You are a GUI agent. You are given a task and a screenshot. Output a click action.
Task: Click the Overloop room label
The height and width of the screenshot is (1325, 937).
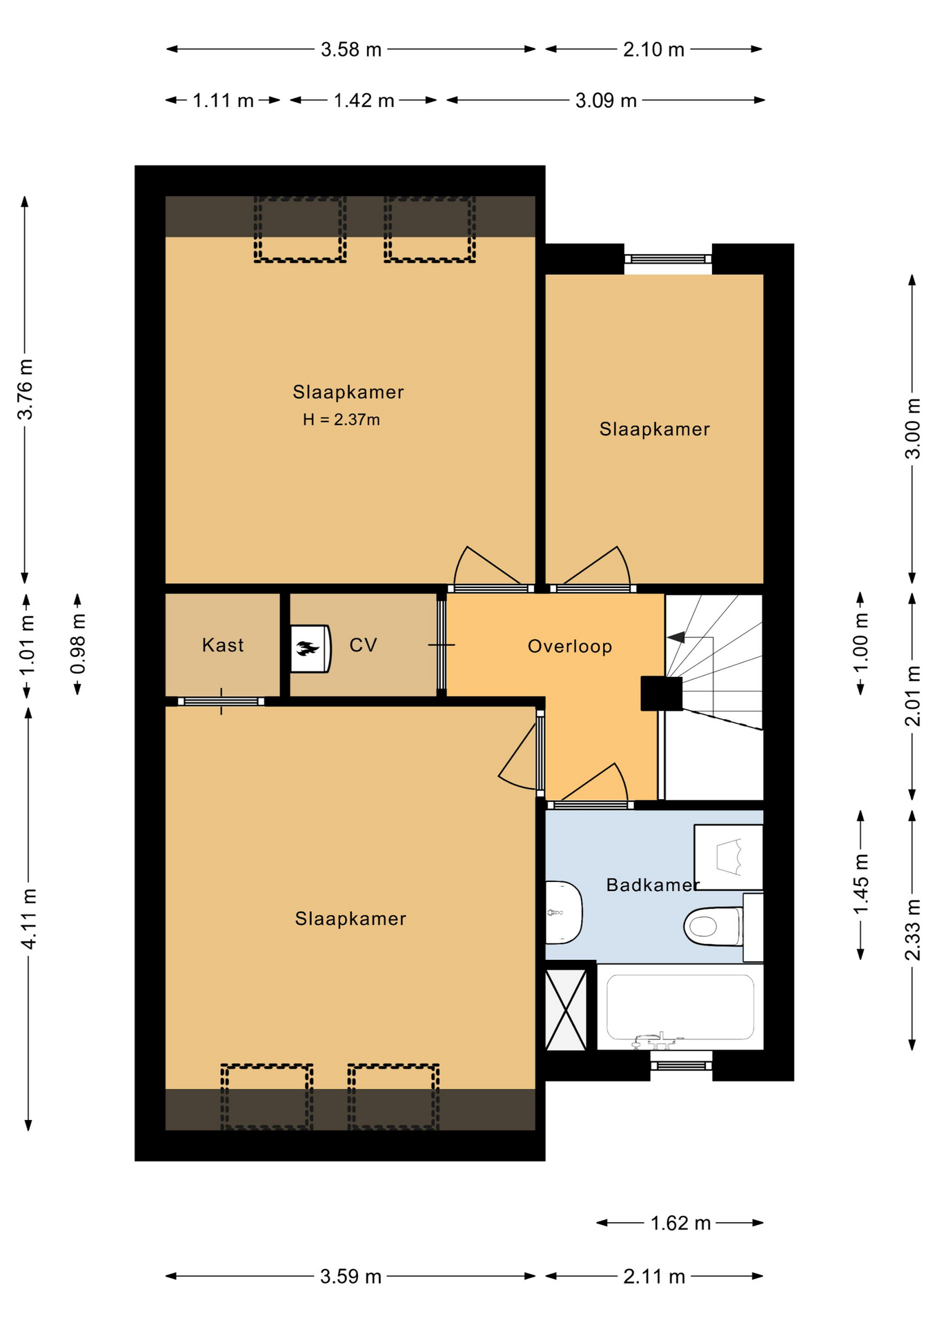pos(569,646)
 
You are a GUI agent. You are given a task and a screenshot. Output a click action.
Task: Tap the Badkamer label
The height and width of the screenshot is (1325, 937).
pos(653,885)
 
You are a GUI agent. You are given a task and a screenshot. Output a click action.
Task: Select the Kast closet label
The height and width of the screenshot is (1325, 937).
pos(223,645)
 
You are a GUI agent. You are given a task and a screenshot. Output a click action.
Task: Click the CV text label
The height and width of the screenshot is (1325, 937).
pos(363,645)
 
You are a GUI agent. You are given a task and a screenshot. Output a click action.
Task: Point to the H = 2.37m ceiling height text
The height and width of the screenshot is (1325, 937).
pos(341,420)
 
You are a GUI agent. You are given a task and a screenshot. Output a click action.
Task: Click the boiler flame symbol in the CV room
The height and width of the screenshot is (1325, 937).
pos(308,648)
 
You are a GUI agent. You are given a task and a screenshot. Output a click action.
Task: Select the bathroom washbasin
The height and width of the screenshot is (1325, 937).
pos(564,912)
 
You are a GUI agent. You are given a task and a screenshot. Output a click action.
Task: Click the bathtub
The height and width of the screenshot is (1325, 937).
pos(680,1007)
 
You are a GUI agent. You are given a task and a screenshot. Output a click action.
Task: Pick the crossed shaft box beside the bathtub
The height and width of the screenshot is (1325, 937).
pos(566,1010)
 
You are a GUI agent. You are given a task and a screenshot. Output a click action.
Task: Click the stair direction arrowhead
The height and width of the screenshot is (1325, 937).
pos(676,637)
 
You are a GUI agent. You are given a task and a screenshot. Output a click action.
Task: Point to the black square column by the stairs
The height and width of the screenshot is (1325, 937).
pos(662,694)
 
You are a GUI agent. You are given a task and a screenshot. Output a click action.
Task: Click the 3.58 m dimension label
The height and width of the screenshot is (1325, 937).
pos(351,50)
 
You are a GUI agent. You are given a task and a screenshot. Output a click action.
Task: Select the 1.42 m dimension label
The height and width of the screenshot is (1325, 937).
pos(364,101)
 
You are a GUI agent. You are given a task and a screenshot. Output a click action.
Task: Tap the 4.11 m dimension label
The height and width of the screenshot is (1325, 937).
pos(29,919)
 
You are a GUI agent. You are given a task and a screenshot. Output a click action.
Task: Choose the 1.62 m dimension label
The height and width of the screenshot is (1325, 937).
pos(680,1224)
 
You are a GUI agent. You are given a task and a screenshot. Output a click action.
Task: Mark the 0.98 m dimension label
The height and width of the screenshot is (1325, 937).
pos(78,644)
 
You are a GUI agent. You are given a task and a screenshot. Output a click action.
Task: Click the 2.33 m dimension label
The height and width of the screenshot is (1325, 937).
pos(912,930)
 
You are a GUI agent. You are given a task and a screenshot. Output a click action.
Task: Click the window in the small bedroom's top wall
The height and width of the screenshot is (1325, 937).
pos(668,259)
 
